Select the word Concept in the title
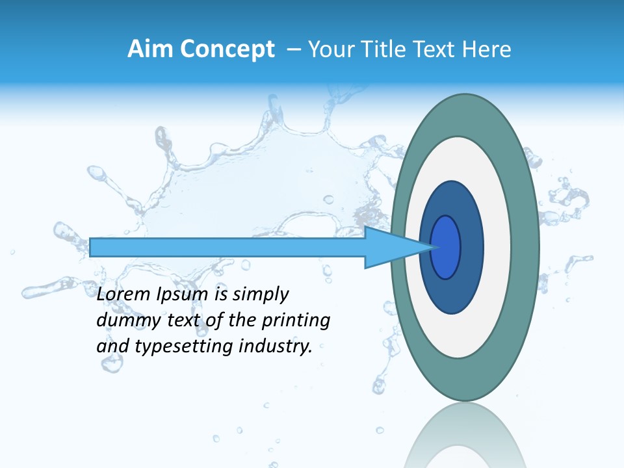[x=227, y=49]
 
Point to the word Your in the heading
[x=329, y=49]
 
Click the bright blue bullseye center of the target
[x=446, y=247]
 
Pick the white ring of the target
[x=497, y=248]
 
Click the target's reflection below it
[x=465, y=442]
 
